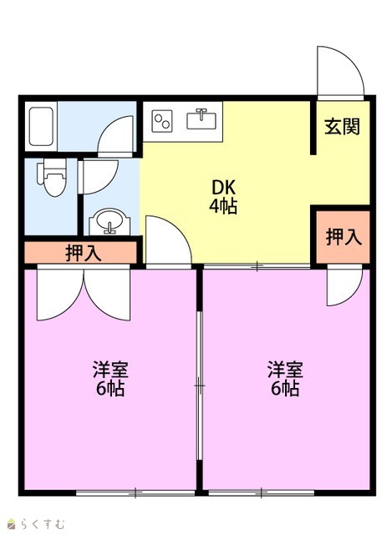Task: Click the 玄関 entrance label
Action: [342, 126]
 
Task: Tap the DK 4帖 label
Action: [223, 197]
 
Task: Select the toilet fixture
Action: [51, 177]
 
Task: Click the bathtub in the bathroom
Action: [41, 127]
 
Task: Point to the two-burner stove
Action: [161, 121]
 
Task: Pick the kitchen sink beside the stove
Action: [201, 118]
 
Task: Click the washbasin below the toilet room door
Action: [109, 221]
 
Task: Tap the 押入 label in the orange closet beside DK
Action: [344, 237]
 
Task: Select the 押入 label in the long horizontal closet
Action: [83, 253]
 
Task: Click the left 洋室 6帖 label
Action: [110, 379]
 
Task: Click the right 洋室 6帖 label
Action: [285, 379]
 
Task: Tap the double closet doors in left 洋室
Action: [84, 293]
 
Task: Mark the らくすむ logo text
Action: [37, 523]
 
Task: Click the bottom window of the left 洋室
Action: [135, 493]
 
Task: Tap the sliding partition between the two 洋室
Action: [200, 385]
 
